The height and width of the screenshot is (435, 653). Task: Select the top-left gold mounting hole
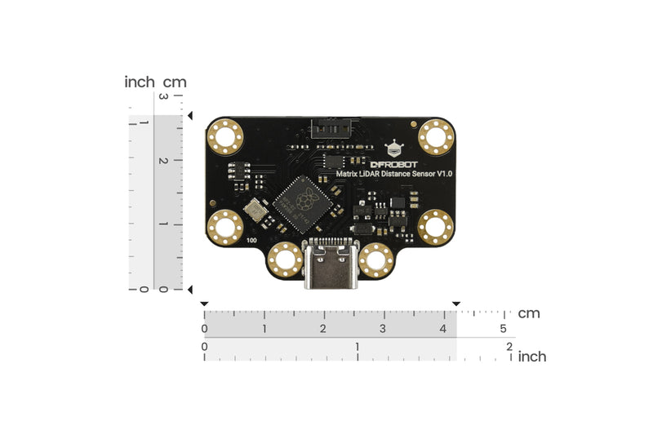pyautogui.click(x=224, y=136)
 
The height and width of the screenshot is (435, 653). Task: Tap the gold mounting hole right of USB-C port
pyautogui.click(x=376, y=260)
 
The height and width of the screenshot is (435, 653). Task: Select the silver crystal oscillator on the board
pyautogui.click(x=258, y=211)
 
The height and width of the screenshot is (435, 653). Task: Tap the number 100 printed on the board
pyautogui.click(x=251, y=241)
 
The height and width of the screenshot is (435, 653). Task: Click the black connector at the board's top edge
pyautogui.click(x=330, y=127)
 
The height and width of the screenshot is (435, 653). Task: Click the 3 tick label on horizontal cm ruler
pyautogui.click(x=383, y=328)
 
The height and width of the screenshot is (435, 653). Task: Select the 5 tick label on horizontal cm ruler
pyautogui.click(x=503, y=328)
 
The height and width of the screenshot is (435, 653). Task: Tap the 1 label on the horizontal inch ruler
pyautogui.click(x=358, y=346)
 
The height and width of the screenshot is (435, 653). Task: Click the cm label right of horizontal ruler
pyautogui.click(x=529, y=313)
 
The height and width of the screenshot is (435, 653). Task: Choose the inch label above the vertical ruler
pyautogui.click(x=140, y=82)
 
